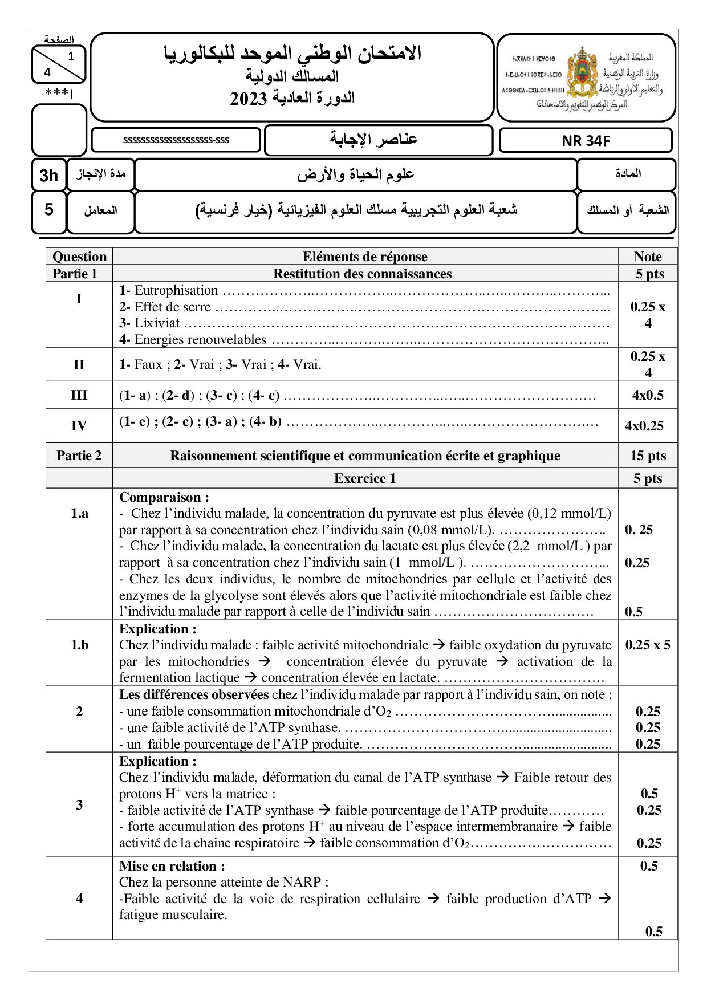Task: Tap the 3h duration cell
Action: click(x=48, y=175)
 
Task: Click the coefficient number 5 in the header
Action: click(x=49, y=210)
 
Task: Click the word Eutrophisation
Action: click(x=176, y=291)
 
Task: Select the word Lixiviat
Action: click(x=157, y=323)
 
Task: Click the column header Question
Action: click(x=79, y=257)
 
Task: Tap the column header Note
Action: click(x=648, y=257)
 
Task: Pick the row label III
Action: click(x=79, y=395)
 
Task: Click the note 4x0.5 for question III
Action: click(x=648, y=395)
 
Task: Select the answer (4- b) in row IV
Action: click(x=265, y=422)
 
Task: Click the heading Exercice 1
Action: click(x=365, y=478)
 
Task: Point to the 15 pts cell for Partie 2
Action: click(x=648, y=456)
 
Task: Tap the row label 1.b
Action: click(x=79, y=645)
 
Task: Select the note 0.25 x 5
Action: click(x=648, y=645)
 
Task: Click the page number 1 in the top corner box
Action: click(x=71, y=56)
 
